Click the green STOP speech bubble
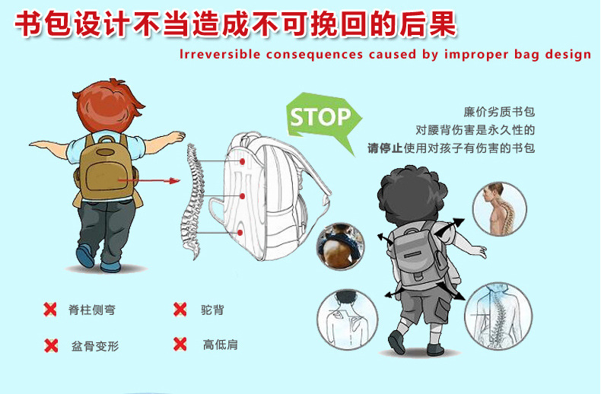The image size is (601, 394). pos(321,118)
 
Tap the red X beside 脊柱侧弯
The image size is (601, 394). pos(50,310)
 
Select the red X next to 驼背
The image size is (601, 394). pos(180,310)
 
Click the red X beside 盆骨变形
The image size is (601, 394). pos(51,345)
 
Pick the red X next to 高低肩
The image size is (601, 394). pos(180,344)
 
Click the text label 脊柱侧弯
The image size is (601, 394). pos(92,310)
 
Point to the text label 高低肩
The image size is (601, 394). pos(220,345)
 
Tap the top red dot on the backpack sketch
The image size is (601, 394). pos(242,162)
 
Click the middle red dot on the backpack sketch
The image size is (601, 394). pos(242,196)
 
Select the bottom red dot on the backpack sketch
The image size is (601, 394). pos(240,233)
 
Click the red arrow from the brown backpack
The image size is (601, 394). pos(148,180)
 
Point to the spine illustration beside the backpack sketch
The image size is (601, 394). pos(192,202)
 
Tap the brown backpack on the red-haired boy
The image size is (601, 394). pos(106,169)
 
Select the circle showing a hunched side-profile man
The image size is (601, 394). pos(499,209)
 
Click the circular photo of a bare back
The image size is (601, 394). pos(340,246)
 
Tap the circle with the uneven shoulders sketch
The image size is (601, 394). pos(347,319)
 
